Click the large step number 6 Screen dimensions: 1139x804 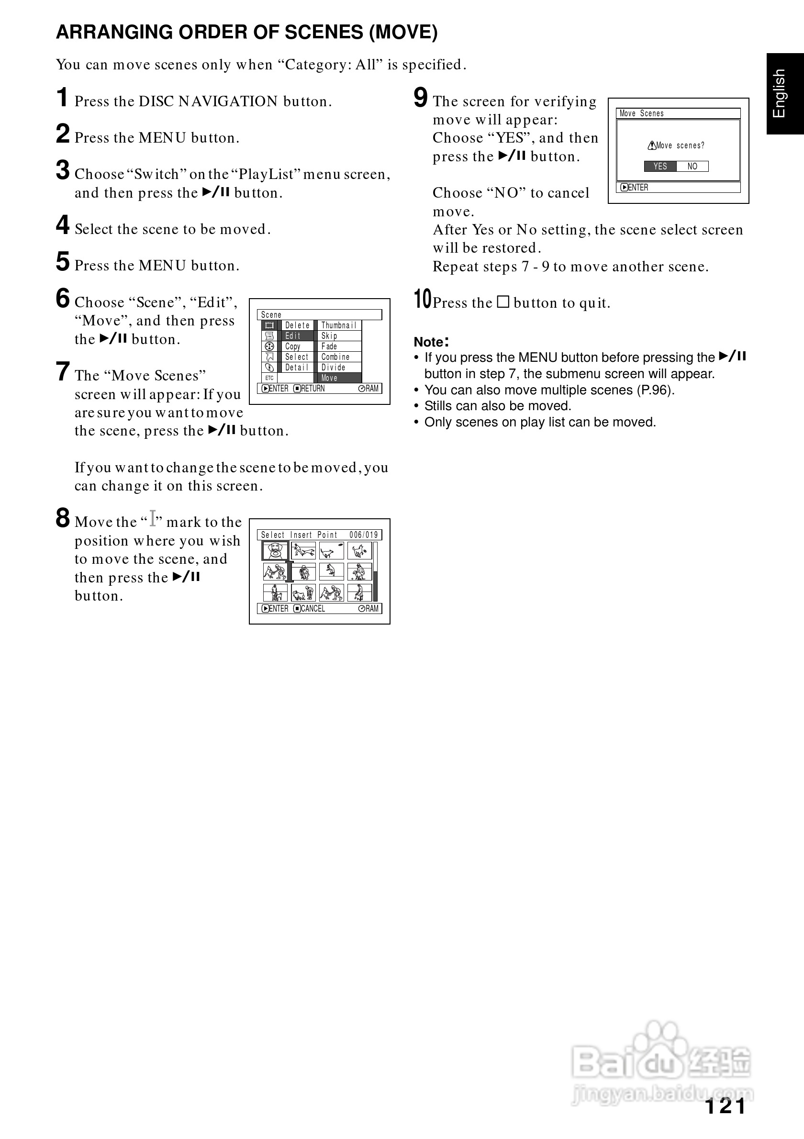(63, 299)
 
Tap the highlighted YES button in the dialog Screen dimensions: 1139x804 (659, 166)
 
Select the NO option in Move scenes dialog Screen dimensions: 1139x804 (692, 166)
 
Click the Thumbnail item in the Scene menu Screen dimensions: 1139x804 (339, 325)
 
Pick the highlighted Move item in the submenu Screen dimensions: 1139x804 (329, 378)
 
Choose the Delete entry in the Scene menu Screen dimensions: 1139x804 (297, 325)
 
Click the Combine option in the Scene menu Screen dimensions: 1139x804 (335, 357)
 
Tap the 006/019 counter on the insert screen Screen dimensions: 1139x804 (364, 535)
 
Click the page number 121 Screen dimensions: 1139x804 (725, 1106)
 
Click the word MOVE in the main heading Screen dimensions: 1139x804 (403, 32)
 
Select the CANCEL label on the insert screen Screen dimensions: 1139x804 (313, 609)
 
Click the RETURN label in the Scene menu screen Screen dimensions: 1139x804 (313, 389)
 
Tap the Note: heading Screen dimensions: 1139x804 (431, 342)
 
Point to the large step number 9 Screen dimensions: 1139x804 (421, 97)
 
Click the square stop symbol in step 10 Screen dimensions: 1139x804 (503, 302)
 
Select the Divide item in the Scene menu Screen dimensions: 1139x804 (333, 368)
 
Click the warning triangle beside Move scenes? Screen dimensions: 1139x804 (652, 146)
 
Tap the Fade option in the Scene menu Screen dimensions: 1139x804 (329, 346)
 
